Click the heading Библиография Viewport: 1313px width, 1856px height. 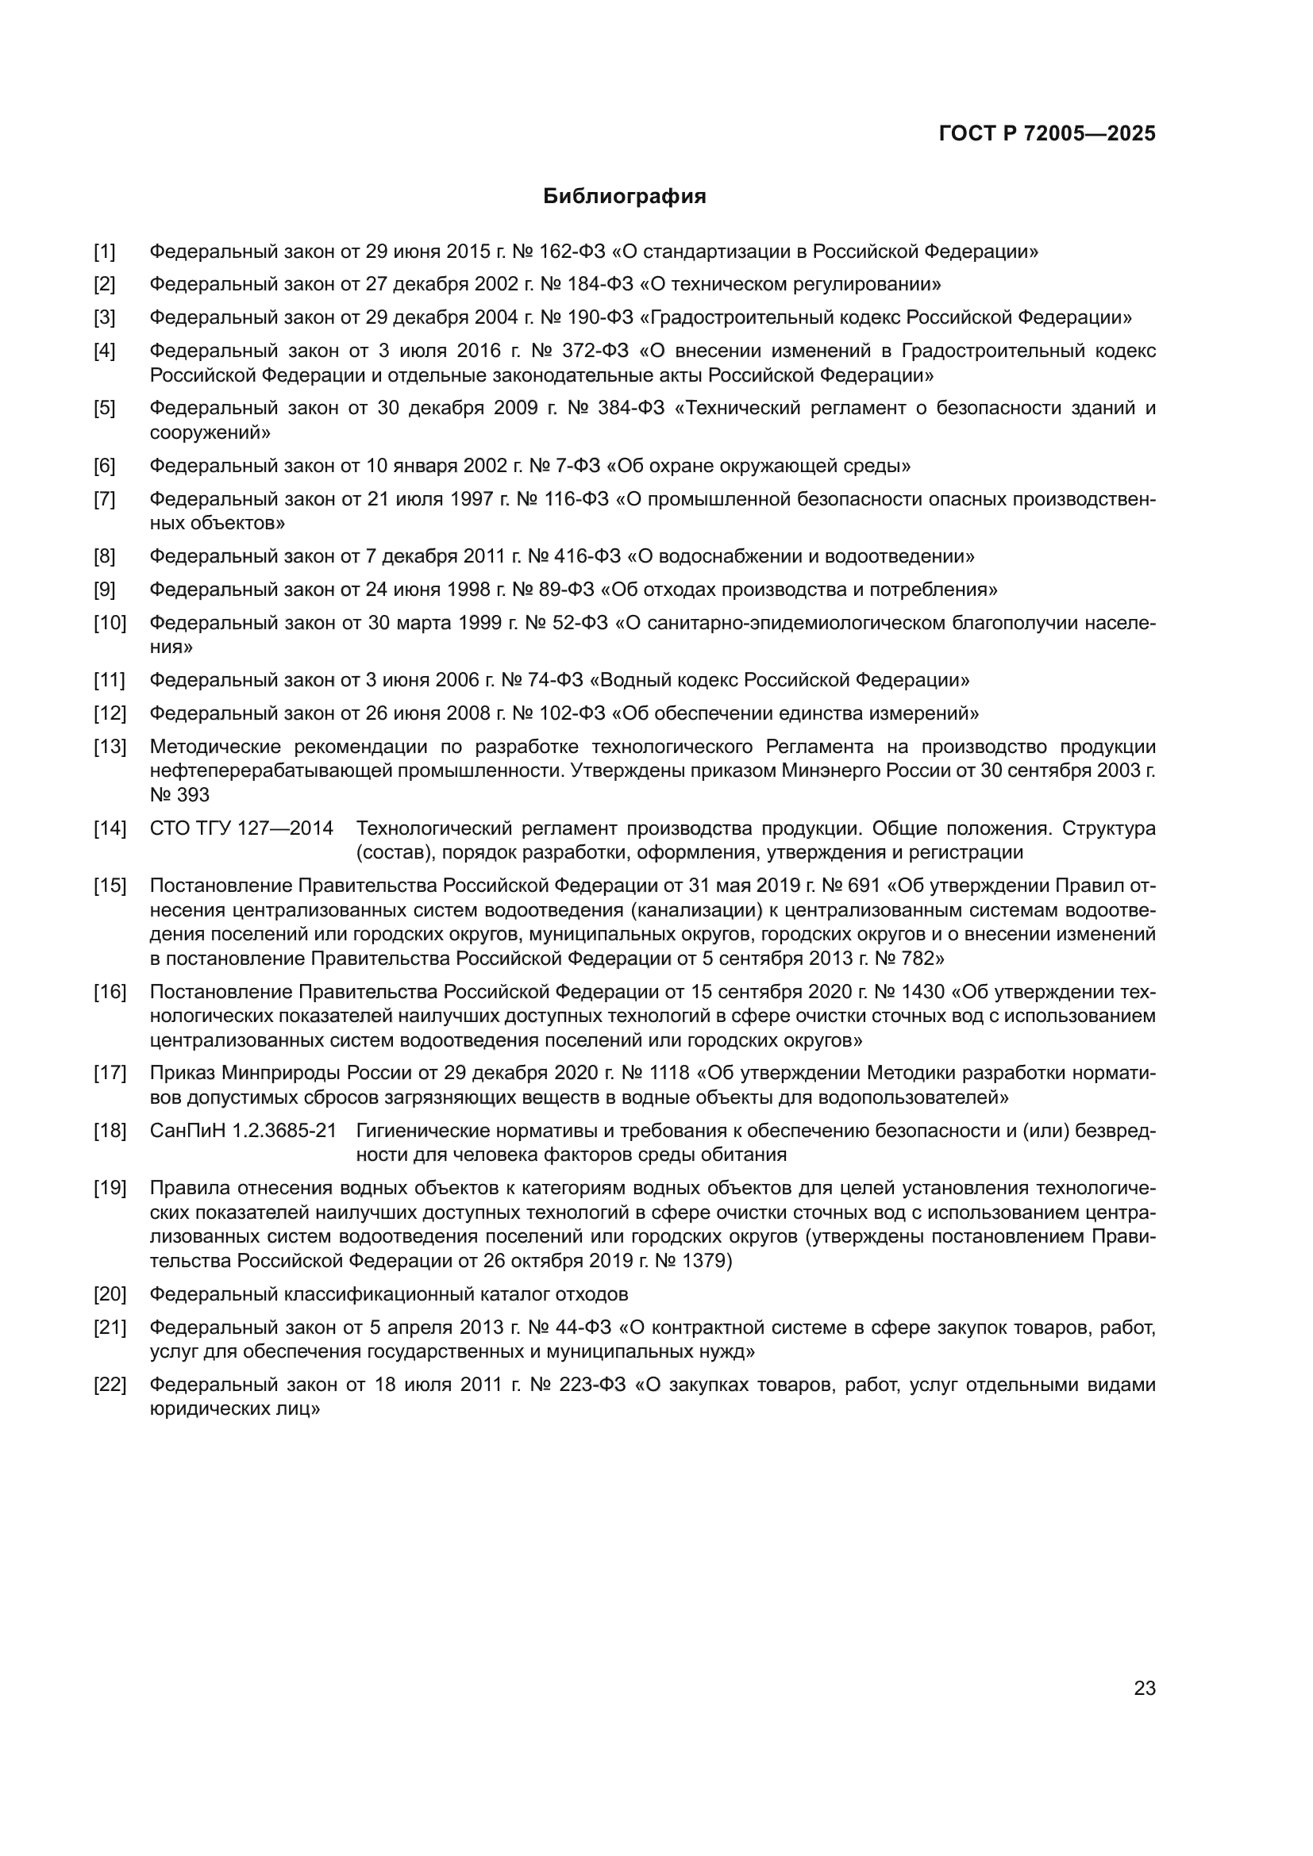coord(624,197)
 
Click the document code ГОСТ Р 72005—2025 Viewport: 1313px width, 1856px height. coord(1047,133)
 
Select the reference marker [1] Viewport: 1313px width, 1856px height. coord(104,252)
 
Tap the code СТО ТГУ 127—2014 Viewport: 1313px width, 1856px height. coord(242,828)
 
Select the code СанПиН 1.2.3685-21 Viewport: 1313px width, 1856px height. coord(244,1131)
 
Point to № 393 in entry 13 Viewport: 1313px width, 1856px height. coord(179,794)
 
